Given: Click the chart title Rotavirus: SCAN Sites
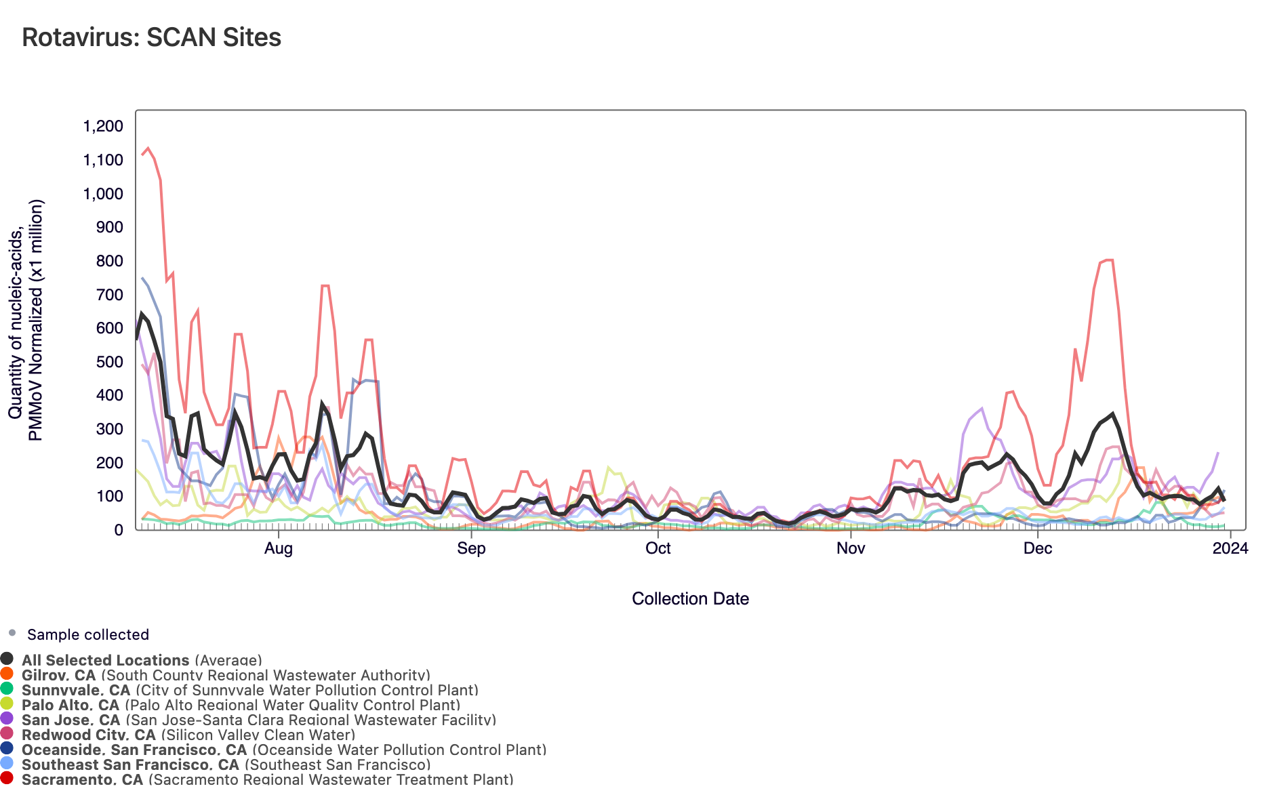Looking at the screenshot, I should [x=151, y=37].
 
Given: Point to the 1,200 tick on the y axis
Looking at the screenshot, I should [x=103, y=126].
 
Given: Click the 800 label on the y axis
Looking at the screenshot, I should [x=110, y=261].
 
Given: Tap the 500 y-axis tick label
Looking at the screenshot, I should [x=110, y=362].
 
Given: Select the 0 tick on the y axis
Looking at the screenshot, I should [x=119, y=530].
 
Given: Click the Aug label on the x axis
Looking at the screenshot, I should [x=278, y=548].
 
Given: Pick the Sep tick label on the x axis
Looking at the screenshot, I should [x=471, y=548].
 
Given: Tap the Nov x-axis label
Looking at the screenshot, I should [x=851, y=548].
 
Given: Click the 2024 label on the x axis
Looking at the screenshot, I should [x=1230, y=548].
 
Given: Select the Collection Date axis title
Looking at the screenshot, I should [x=690, y=598].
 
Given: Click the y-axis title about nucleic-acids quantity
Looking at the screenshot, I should [x=26, y=320].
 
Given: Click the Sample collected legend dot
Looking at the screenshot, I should [x=12, y=633].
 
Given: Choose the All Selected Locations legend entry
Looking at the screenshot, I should [x=105, y=660].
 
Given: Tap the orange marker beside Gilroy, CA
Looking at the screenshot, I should [x=7, y=674].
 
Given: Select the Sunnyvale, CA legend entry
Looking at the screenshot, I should [x=75, y=690].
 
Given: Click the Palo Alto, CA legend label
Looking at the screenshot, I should [x=70, y=705].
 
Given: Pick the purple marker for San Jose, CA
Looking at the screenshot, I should [x=7, y=718].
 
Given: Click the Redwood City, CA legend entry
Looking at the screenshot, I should [x=88, y=735].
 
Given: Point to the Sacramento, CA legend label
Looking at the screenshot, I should [x=82, y=779].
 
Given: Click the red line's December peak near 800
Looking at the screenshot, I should [x=1109, y=260].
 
